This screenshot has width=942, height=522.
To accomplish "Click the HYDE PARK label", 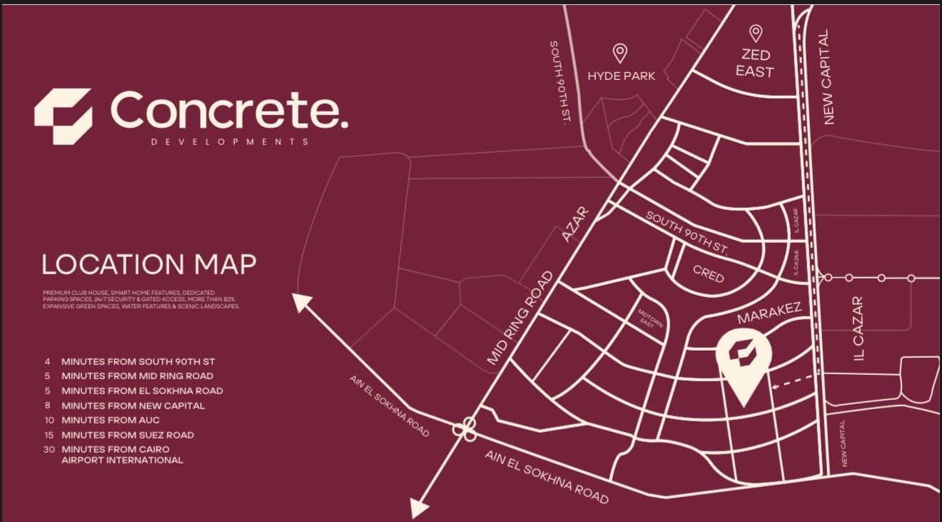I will (x=621, y=76).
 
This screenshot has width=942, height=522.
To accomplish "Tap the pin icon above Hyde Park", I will (x=620, y=52).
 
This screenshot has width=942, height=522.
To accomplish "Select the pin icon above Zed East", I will (x=755, y=33).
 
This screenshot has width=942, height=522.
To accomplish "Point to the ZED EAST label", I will (x=755, y=63).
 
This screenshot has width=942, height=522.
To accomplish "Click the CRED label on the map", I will (x=709, y=273).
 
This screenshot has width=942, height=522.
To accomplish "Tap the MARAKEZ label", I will (x=769, y=313).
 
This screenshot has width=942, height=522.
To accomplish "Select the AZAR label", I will (x=574, y=224).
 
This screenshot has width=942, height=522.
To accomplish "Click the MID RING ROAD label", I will (x=520, y=318).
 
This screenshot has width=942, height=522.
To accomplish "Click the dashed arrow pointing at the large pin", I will (x=793, y=381).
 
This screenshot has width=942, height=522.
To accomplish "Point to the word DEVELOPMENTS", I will (x=230, y=142).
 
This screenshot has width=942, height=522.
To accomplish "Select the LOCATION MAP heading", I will (x=148, y=264).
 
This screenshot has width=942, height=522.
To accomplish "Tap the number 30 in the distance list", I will (x=48, y=449).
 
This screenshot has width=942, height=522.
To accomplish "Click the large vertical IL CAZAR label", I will (x=859, y=328).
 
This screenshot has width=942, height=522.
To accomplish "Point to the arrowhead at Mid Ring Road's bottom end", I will (x=418, y=508).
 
